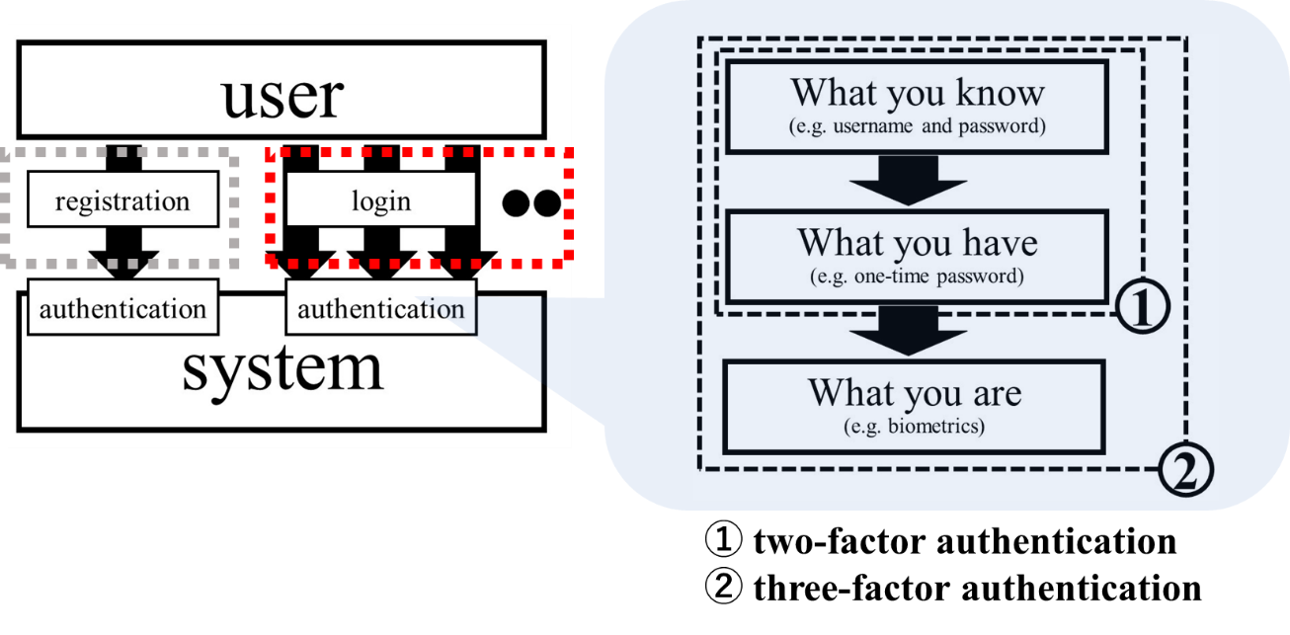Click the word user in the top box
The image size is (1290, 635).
pyautogui.click(x=282, y=95)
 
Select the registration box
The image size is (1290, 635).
pyautogui.click(x=122, y=201)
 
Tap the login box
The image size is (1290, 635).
pyautogui.click(x=381, y=201)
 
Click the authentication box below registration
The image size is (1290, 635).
pyautogui.click(x=122, y=309)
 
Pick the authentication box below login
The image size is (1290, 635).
pyautogui.click(x=381, y=309)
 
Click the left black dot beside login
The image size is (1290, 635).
pyautogui.click(x=517, y=203)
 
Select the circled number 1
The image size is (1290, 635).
pyautogui.click(x=1144, y=309)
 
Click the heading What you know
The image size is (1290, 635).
pyautogui.click(x=918, y=93)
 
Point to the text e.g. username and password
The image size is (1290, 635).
pyautogui.click(x=918, y=127)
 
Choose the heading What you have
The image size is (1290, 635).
pyautogui.click(x=918, y=242)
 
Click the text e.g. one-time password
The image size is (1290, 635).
pyautogui.click(x=918, y=277)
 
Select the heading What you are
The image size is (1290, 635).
pyautogui.click(x=915, y=392)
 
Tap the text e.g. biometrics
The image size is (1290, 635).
pyautogui.click(x=915, y=427)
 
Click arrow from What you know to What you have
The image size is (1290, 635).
pyautogui.click(x=908, y=181)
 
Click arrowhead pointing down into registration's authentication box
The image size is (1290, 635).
pyautogui.click(x=122, y=263)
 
